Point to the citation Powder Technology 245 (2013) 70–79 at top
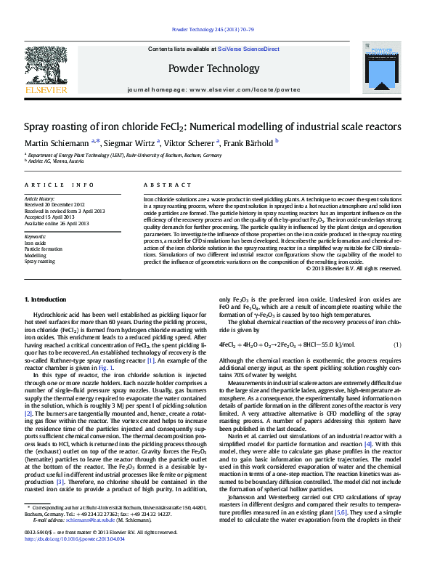(215, 30)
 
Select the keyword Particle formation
(44, 249)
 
